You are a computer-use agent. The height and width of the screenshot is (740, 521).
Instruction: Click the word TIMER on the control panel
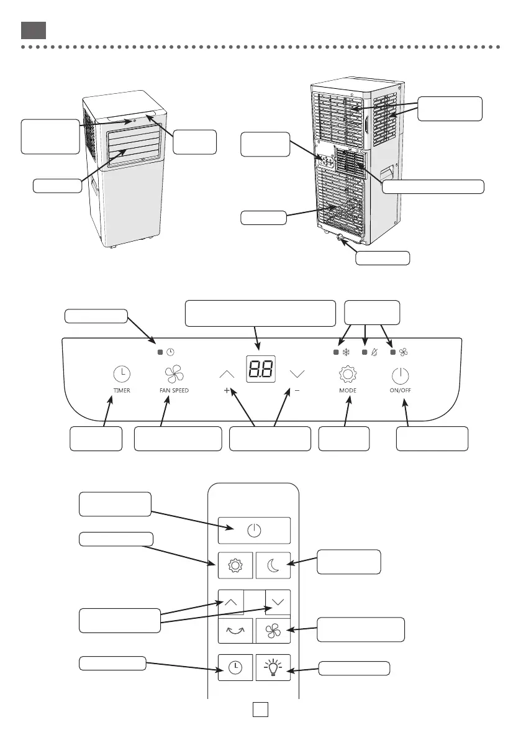click(x=122, y=391)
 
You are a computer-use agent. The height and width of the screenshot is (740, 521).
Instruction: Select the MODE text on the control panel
click(x=348, y=391)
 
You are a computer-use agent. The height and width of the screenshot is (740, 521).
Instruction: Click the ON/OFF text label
click(x=401, y=391)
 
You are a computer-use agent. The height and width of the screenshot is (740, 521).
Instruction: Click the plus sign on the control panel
click(x=227, y=391)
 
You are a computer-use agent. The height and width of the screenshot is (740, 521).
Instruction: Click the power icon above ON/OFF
click(x=401, y=374)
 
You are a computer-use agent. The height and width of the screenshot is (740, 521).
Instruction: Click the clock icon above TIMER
click(x=122, y=374)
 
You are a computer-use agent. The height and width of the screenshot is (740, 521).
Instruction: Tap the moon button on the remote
click(x=273, y=565)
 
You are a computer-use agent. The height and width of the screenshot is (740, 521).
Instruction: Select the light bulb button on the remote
click(x=273, y=668)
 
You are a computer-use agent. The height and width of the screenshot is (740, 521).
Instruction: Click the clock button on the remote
click(x=235, y=668)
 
